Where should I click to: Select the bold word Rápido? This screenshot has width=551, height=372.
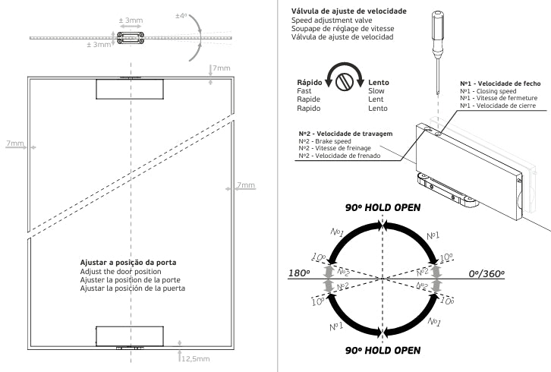pyautogui.click(x=312, y=82)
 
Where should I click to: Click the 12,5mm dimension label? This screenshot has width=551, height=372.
pyautogui.click(x=197, y=359)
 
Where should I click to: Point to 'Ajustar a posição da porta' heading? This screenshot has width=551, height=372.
pyautogui.click(x=128, y=263)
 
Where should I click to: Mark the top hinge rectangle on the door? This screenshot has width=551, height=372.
pyautogui.click(x=130, y=88)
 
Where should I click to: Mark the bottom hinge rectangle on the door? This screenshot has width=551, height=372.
pyautogui.click(x=130, y=335)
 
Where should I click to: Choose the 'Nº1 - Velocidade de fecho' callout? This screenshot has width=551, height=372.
pyautogui.click(x=499, y=83)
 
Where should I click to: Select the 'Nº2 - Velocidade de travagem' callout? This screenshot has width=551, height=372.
pyautogui.click(x=345, y=134)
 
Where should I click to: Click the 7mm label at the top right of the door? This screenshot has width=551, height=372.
pyautogui.click(x=222, y=68)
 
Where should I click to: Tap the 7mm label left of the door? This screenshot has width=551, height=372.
pyautogui.click(x=15, y=143)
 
